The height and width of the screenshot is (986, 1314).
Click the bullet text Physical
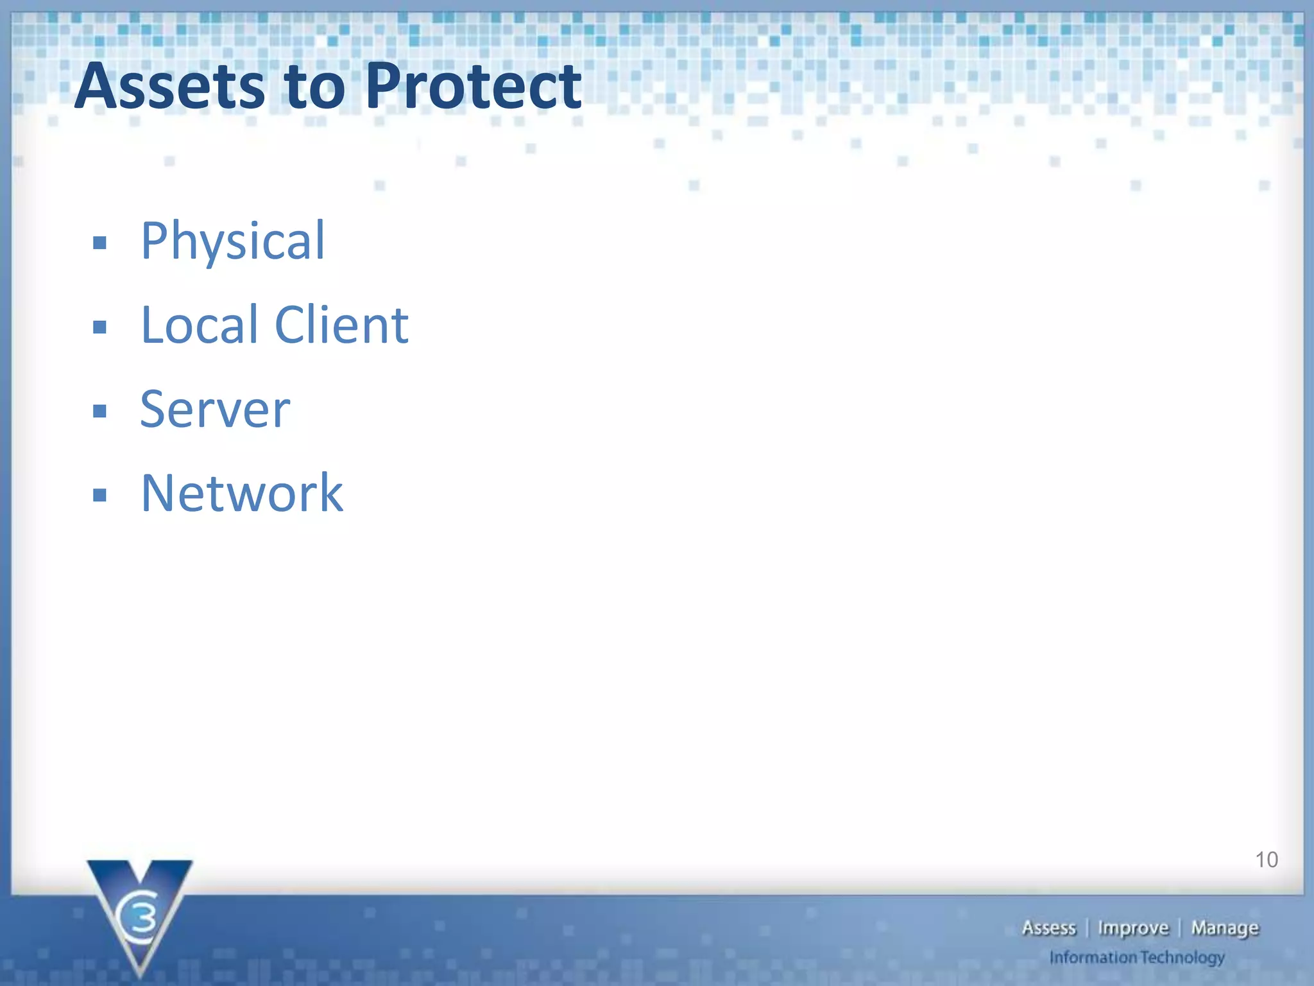tap(233, 241)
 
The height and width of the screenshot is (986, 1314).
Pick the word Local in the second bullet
tap(199, 325)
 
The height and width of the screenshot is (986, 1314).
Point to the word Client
tap(341, 325)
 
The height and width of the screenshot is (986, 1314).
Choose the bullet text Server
tap(215, 410)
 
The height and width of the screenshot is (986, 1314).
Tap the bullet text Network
tap(242, 493)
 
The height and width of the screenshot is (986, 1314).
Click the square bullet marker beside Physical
tap(99, 243)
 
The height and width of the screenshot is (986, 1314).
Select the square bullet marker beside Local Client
tap(99, 327)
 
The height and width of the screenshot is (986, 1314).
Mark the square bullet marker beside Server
tap(99, 411)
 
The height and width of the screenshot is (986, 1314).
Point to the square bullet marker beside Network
tap(99, 495)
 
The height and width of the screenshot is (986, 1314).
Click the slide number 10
tap(1266, 860)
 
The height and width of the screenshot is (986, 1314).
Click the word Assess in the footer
tap(1048, 928)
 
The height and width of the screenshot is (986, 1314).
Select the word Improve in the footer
tap(1133, 928)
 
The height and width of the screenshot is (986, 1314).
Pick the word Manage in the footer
tap(1225, 928)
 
